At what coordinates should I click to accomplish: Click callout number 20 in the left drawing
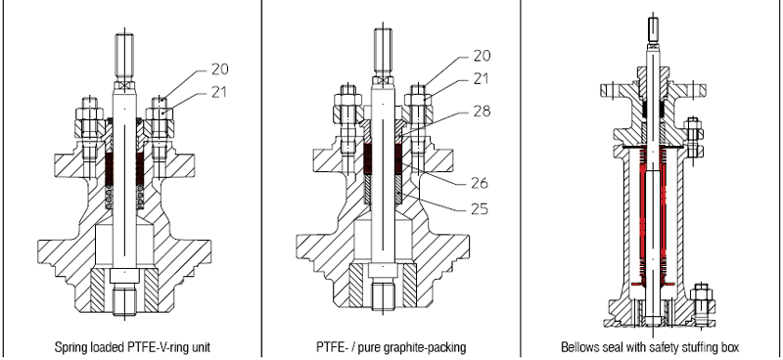tap(219, 68)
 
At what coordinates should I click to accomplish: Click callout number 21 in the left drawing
tap(217, 92)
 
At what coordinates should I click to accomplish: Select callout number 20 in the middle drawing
tap(482, 55)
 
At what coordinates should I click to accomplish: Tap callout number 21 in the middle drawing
tap(480, 78)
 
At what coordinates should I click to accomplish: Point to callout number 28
tap(482, 111)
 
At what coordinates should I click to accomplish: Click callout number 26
tap(480, 183)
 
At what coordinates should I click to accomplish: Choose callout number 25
tap(480, 208)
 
